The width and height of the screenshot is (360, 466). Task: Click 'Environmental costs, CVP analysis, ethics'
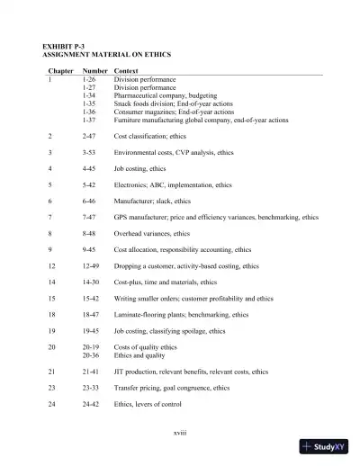tap(173, 152)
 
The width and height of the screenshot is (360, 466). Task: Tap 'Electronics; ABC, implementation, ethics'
tap(173, 184)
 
